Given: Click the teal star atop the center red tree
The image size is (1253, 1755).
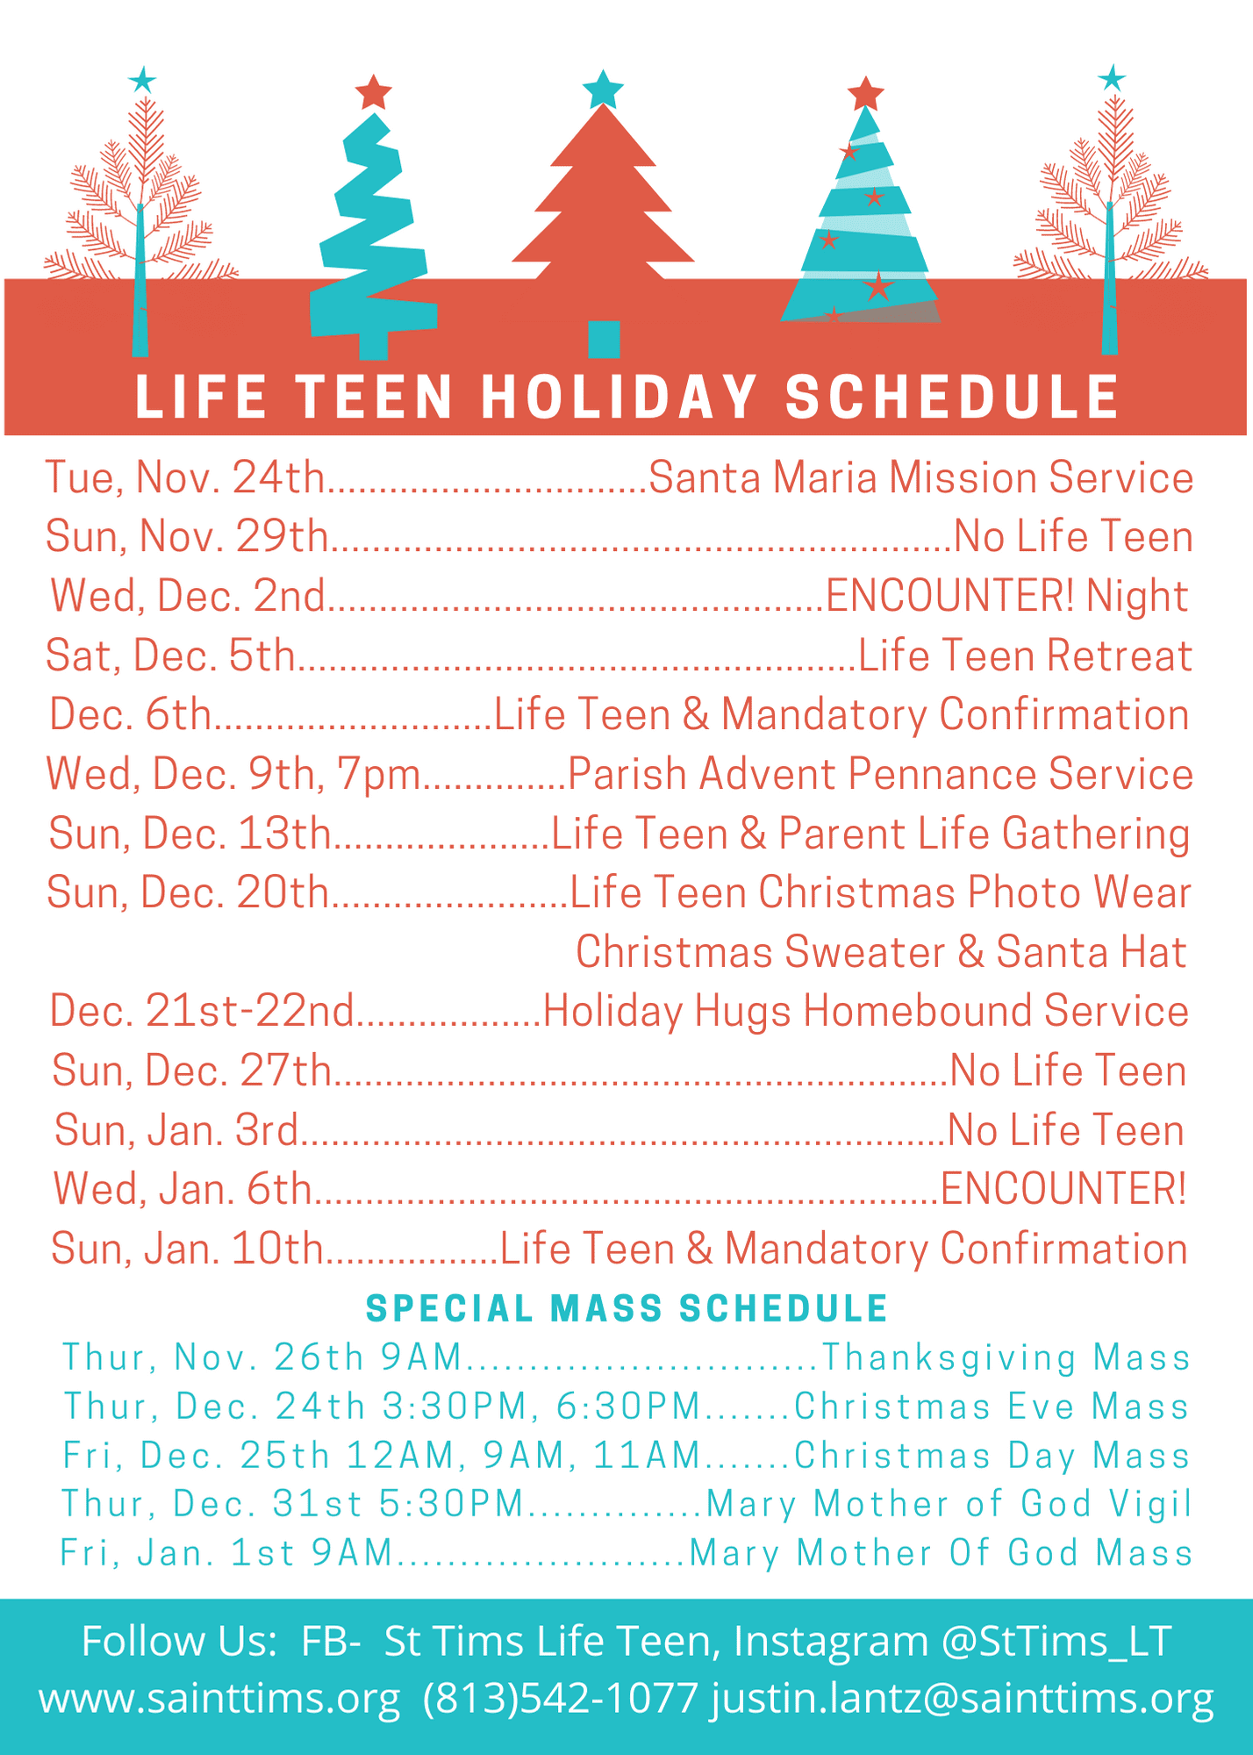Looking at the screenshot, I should click(x=603, y=90).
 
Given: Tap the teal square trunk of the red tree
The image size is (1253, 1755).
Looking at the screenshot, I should click(x=604, y=339).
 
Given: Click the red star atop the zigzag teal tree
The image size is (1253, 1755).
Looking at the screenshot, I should click(x=374, y=92).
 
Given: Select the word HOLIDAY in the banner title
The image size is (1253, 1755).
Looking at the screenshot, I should click(x=619, y=398).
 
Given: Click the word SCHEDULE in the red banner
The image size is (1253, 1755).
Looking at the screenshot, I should click(x=952, y=398).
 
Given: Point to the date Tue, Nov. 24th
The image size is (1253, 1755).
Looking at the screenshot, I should click(x=185, y=478).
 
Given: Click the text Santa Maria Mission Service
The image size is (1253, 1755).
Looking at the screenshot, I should click(x=920, y=478).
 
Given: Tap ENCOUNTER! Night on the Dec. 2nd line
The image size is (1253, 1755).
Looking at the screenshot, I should click(x=1006, y=597).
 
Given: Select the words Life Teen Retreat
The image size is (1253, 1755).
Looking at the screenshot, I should click(x=1025, y=656).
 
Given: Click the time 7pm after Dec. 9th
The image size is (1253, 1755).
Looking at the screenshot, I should click(x=377, y=775).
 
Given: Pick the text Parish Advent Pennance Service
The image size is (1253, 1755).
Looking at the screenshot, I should click(x=880, y=775).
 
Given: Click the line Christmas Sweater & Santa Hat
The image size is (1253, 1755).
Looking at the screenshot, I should click(x=880, y=953).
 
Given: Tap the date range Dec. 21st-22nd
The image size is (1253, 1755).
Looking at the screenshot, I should click(x=202, y=1011).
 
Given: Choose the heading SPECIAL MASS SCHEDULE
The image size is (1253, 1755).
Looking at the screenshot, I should click(x=626, y=1308).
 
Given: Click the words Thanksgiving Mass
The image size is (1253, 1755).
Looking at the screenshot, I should click(x=1006, y=1357).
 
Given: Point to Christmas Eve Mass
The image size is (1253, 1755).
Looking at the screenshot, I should click(x=992, y=1407).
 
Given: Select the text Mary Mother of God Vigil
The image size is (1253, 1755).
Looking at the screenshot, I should click(x=949, y=1504).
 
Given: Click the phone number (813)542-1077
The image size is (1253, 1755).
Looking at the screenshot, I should click(x=561, y=1699).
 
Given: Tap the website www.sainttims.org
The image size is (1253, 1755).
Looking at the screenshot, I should click(x=219, y=1699).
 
